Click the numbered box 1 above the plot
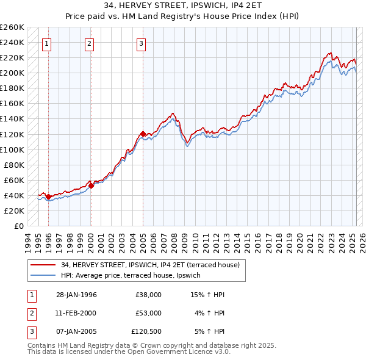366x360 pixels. (x=47, y=43)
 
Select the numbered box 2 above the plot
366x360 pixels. (x=89, y=43)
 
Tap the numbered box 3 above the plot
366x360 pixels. (x=141, y=43)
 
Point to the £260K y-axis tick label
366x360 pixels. (x=12, y=27)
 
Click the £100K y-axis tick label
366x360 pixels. (x=12, y=149)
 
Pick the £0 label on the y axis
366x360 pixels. (x=19, y=226)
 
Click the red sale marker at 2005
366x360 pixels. (x=143, y=134)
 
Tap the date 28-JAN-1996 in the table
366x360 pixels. (x=76, y=295)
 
